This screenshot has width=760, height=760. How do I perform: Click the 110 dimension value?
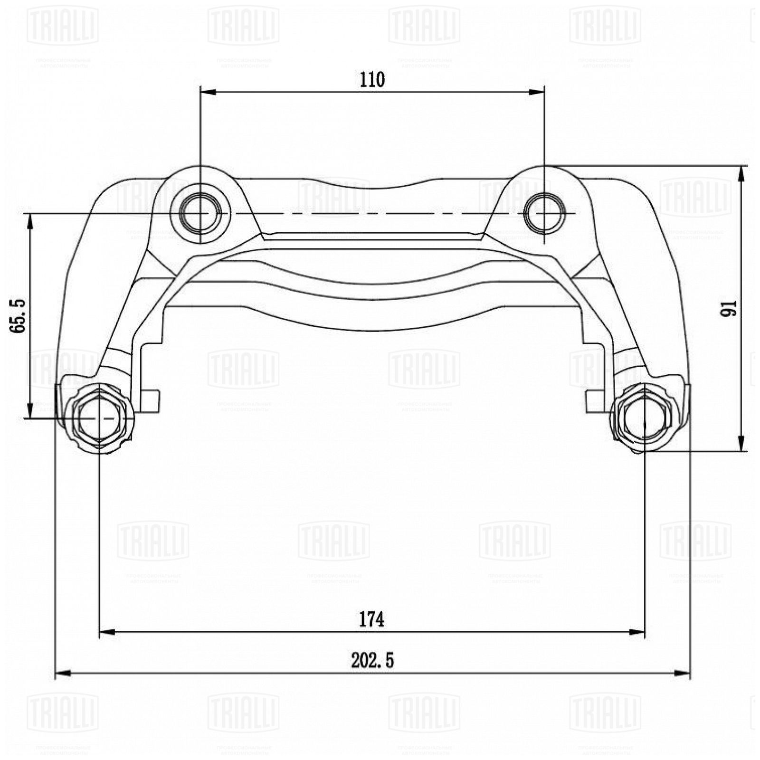tap(372, 80)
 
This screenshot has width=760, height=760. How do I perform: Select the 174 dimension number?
tap(371, 619)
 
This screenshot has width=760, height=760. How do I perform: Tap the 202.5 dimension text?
tap(372, 661)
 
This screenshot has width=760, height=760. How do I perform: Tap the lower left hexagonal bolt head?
tap(98, 418)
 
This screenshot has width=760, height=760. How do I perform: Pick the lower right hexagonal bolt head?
tap(644, 418)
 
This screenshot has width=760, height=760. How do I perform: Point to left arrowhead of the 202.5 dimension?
tap(63, 673)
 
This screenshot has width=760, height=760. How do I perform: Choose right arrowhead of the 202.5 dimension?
tap(682, 673)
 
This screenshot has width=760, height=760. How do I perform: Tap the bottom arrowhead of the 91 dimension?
tap(741, 444)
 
